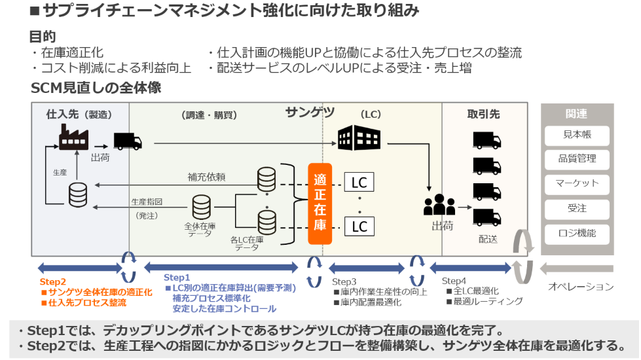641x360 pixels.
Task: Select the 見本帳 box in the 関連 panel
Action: [x=577, y=135]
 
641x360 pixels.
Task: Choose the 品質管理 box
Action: [x=577, y=160]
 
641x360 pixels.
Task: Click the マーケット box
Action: [x=577, y=184]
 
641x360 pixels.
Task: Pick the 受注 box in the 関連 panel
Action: [x=577, y=209]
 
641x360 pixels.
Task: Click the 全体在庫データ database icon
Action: [x=201, y=207]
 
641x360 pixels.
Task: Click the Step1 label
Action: [x=177, y=278]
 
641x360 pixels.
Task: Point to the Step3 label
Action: [x=347, y=281]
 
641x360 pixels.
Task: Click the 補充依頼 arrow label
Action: [x=206, y=177]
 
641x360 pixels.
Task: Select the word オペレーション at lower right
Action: [x=581, y=287]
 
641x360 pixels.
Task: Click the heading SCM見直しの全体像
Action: [x=96, y=88]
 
